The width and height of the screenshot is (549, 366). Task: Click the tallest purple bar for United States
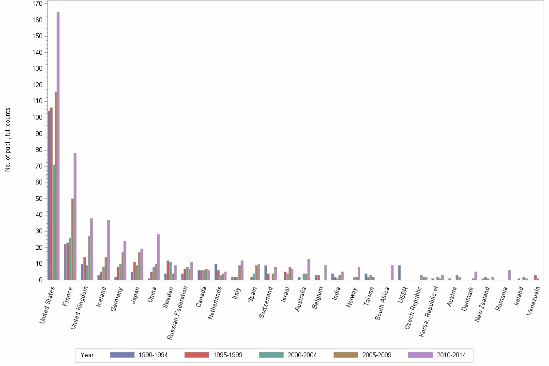58,145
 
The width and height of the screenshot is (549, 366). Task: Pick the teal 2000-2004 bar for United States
53,222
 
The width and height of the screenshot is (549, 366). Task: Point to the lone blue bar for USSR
399,273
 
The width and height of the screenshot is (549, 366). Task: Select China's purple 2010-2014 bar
158,257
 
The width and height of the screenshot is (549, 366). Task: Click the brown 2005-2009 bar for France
73,239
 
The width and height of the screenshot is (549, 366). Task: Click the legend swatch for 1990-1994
122,355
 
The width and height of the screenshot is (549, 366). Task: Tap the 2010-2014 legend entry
451,355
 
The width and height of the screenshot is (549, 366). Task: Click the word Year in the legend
87,355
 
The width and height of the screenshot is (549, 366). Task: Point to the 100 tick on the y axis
38,118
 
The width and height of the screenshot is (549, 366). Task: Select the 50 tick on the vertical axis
38,199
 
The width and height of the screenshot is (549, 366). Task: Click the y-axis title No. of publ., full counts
7,140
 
